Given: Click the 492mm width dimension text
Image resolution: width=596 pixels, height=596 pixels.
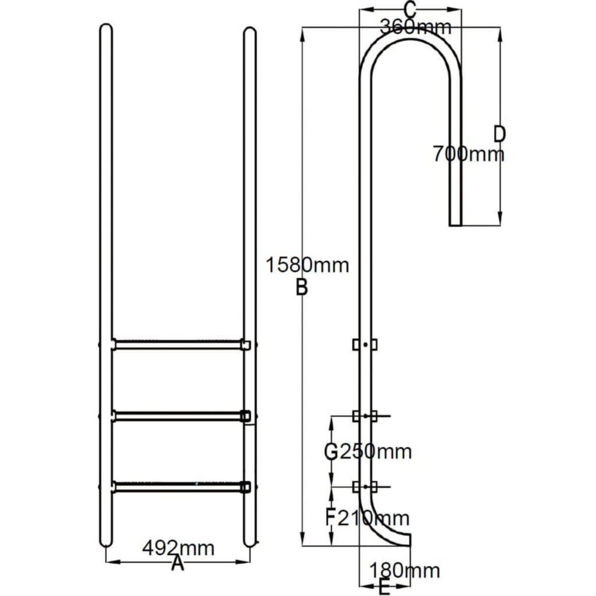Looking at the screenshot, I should point(178,549).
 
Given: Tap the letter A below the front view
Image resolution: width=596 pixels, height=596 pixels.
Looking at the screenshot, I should point(177,564).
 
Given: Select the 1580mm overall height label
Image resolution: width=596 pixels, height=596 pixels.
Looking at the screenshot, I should point(306,265).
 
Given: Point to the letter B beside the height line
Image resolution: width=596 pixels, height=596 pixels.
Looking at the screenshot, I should point(301,288).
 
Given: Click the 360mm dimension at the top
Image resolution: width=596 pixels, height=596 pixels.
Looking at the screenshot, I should point(416,27).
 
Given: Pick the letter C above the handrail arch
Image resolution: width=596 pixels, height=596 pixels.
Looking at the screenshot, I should point(409,9).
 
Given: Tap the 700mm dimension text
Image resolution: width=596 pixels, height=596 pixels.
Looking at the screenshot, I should point(468,154).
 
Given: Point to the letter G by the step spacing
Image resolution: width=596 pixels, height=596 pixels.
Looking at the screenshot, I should point(331,452).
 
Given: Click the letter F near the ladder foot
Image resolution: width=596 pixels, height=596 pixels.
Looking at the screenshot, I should point(330,519).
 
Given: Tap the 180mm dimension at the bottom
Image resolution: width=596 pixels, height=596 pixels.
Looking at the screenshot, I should point(404,571).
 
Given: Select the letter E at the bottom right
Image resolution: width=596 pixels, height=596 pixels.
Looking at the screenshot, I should point(384,587).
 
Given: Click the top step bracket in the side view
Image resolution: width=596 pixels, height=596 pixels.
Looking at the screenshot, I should point(365,344).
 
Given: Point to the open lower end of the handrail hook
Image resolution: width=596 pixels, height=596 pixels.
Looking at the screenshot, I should point(455,223).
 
